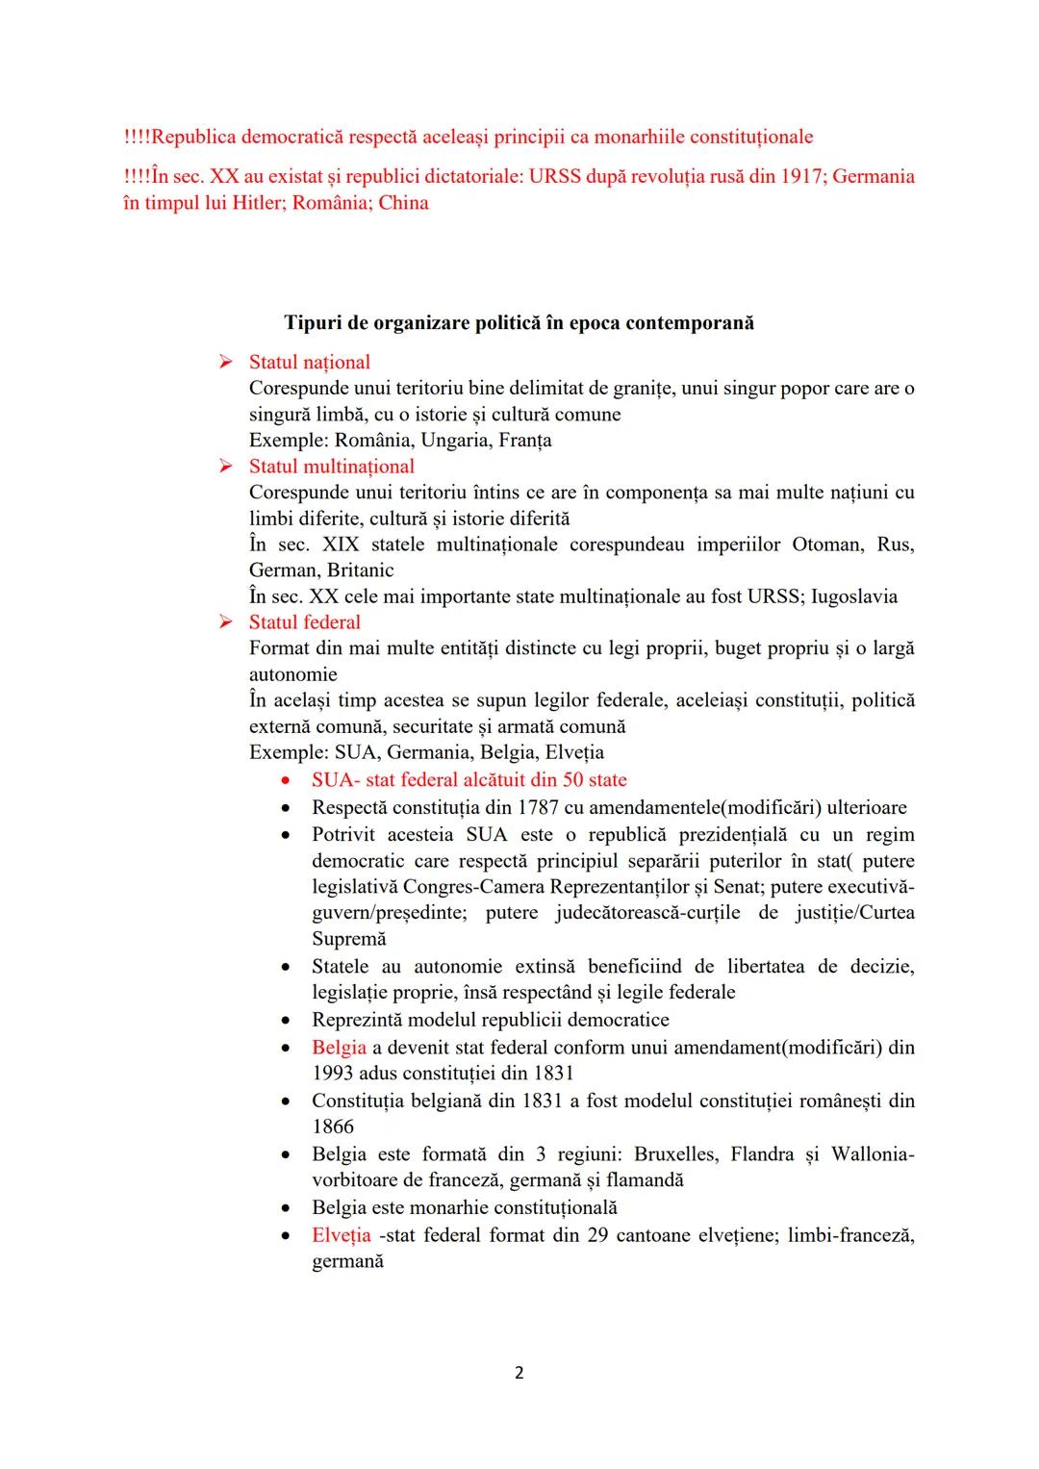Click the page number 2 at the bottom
(519, 1373)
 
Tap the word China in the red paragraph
(403, 203)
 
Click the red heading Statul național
(309, 363)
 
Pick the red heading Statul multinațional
(331, 467)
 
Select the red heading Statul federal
(304, 622)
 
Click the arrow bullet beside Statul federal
(225, 622)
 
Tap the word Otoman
(827, 545)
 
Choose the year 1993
(332, 1074)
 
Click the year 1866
(333, 1127)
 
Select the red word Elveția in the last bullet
(341, 1235)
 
